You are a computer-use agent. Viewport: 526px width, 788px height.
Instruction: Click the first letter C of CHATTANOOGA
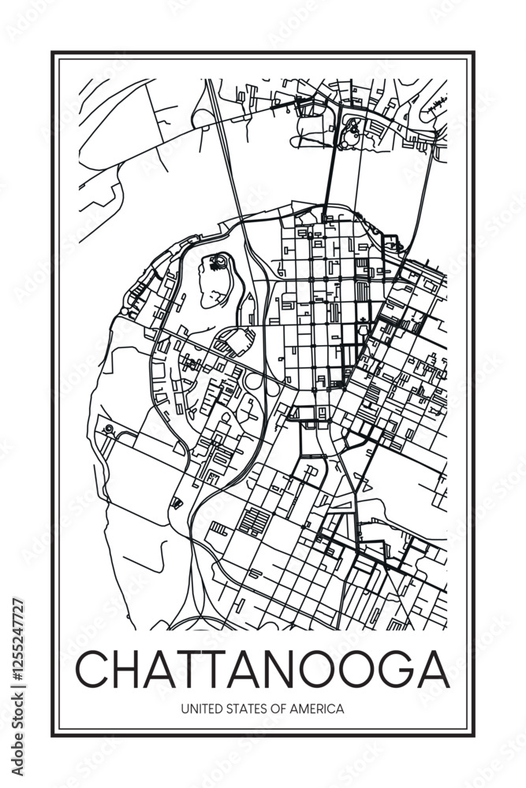(93, 670)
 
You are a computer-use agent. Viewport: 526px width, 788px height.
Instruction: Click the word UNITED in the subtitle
(200, 708)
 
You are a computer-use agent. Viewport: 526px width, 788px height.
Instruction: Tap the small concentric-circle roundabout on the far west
(109, 429)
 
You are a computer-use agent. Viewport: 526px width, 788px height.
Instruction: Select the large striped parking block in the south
(255, 521)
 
